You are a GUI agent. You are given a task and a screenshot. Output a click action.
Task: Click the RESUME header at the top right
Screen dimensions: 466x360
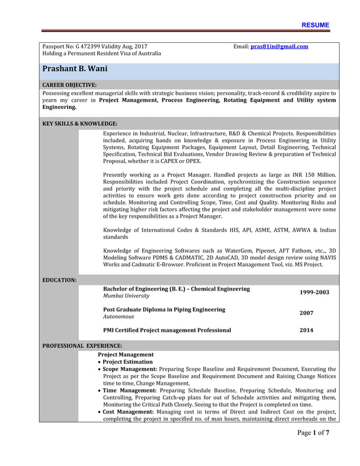pyautogui.click(x=315, y=25)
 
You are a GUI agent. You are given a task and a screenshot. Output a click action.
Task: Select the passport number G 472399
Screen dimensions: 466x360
pyautogui.click(x=88, y=46)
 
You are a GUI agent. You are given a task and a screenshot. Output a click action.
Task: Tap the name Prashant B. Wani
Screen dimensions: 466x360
pyautogui.click(x=74, y=69)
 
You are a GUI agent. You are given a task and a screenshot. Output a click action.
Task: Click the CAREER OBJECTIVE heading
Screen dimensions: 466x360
pyautogui.click(x=69, y=85)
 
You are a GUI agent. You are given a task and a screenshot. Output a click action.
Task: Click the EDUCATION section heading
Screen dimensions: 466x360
pyautogui.click(x=60, y=280)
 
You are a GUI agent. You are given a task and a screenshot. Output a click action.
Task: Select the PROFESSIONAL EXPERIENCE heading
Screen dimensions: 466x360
pyautogui.click(x=82, y=345)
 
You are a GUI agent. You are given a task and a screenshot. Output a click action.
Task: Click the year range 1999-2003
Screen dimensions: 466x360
pyautogui.click(x=314, y=292)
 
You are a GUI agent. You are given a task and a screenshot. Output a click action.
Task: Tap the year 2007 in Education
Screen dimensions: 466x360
pyautogui.click(x=306, y=313)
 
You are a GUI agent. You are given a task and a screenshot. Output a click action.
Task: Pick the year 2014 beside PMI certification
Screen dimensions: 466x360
pyautogui.click(x=306, y=330)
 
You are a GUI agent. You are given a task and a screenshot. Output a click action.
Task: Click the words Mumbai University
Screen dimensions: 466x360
pyautogui.click(x=126, y=296)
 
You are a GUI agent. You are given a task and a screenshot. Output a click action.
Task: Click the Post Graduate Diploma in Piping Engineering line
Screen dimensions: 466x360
pyautogui.click(x=164, y=309)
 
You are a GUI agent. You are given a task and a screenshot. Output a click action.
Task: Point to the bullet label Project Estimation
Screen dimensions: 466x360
pyautogui.click(x=128, y=362)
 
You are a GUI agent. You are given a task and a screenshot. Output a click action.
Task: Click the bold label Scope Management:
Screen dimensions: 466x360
pyautogui.click(x=130, y=369)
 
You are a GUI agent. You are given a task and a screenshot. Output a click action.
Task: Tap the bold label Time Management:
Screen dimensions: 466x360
pyautogui.click(x=129, y=390)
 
